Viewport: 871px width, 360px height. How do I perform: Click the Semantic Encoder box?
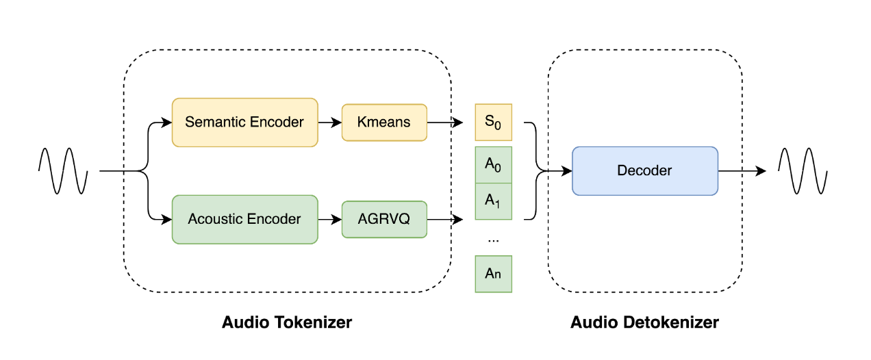[244, 123]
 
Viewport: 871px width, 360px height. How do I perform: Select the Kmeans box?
[384, 123]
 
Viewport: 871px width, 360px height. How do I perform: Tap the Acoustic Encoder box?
[244, 220]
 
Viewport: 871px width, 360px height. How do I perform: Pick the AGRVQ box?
[384, 220]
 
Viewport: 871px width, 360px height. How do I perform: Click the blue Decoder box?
[644, 171]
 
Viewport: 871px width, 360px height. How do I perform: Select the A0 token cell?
[493, 165]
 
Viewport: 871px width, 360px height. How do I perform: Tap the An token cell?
[493, 274]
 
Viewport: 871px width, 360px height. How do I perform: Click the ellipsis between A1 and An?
[493, 240]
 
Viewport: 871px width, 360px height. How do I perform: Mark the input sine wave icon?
[63, 171]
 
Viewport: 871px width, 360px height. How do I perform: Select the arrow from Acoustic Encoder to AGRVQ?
[329, 220]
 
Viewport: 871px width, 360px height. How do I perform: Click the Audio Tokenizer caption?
[287, 322]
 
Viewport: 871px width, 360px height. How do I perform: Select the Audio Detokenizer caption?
[644, 322]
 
